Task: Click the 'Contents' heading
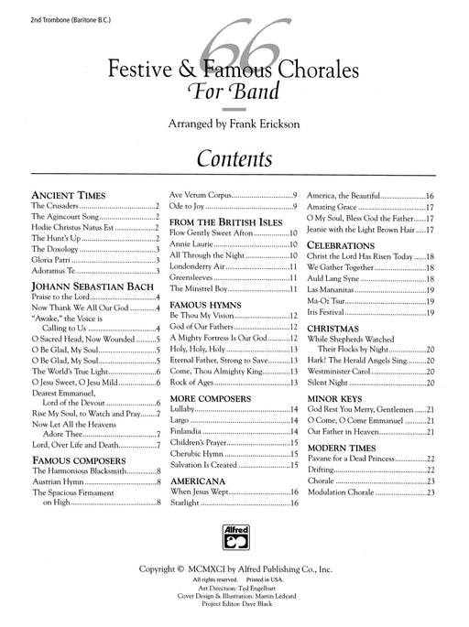(234, 158)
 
